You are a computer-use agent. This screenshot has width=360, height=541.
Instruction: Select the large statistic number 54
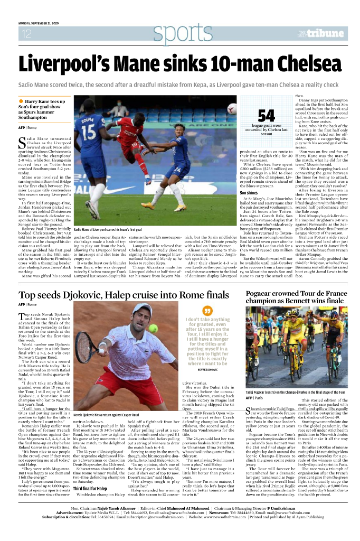coord(266,116)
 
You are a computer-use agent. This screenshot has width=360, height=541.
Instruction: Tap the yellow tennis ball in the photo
coord(153,328)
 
